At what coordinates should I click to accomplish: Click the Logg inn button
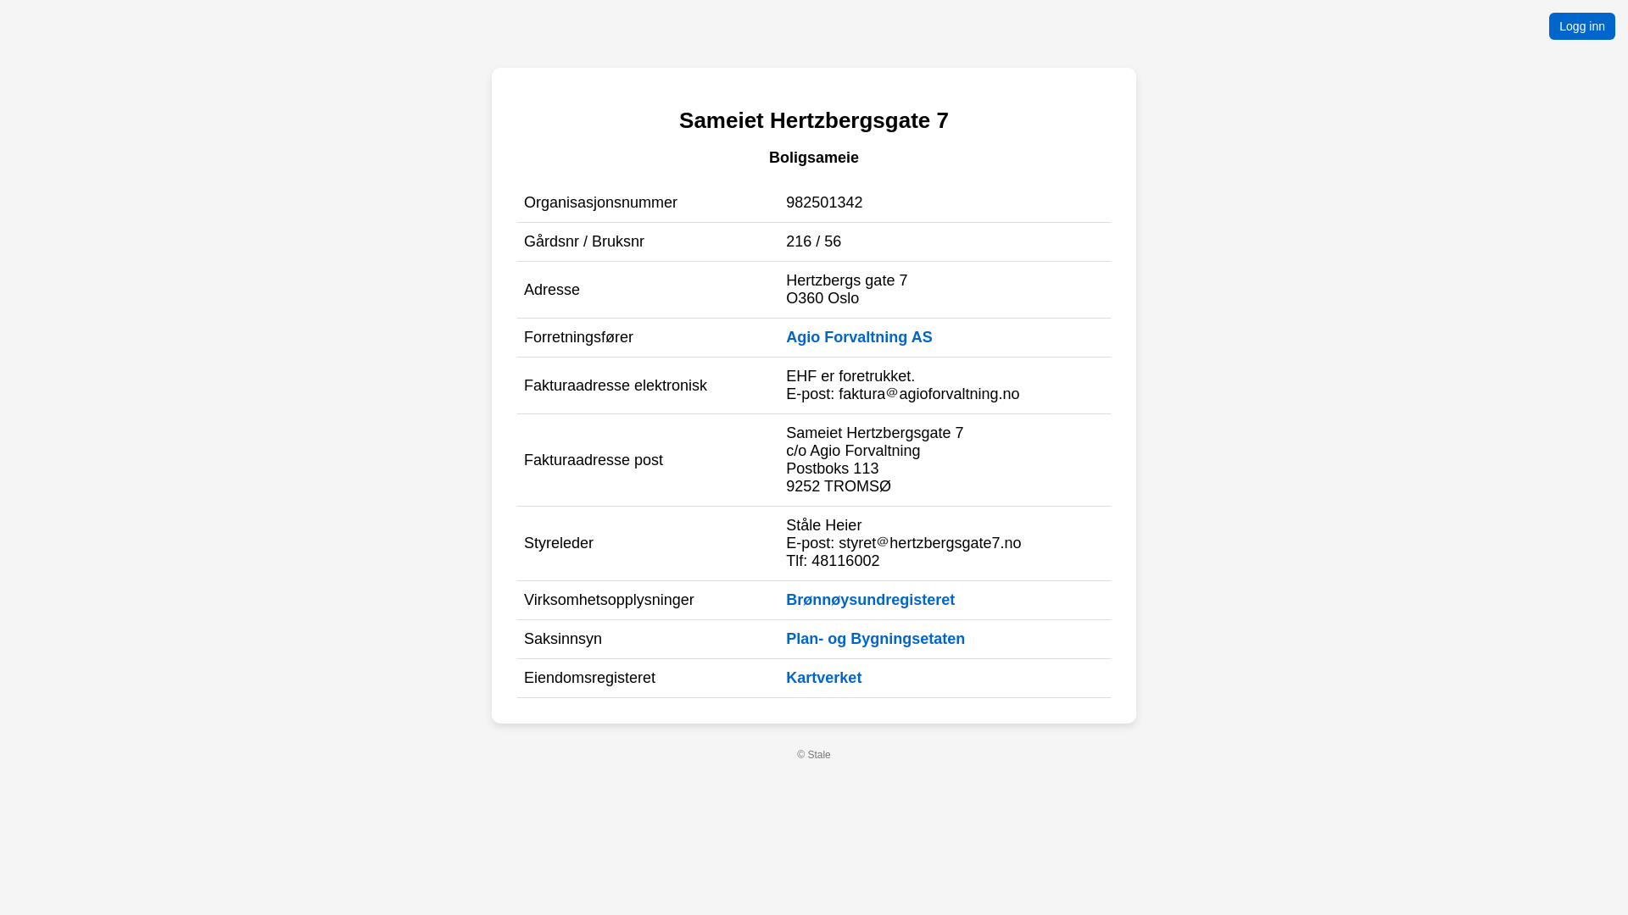(x=1581, y=26)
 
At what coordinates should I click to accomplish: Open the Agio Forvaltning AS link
(x=858, y=337)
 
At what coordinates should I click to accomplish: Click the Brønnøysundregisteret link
(x=870, y=600)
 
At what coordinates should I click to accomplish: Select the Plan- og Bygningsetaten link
(x=875, y=639)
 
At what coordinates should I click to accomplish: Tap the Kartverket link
(x=823, y=678)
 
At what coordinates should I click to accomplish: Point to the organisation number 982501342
(x=824, y=202)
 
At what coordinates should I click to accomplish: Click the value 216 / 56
(x=813, y=241)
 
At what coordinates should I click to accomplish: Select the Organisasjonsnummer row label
(x=600, y=202)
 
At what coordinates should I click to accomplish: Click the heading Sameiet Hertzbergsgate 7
(x=813, y=120)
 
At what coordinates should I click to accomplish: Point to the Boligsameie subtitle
(x=813, y=158)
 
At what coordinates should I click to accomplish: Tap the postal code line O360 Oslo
(x=822, y=298)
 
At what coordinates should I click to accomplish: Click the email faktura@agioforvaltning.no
(x=928, y=394)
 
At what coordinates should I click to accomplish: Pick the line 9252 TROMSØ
(x=838, y=486)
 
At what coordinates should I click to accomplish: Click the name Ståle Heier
(x=823, y=525)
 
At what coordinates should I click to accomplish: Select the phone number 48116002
(x=845, y=561)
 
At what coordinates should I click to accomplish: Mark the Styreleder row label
(x=559, y=543)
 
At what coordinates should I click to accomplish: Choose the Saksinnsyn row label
(x=563, y=639)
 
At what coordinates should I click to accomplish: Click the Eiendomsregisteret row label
(x=589, y=678)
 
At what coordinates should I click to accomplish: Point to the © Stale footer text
(x=813, y=755)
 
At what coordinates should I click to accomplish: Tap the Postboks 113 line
(x=832, y=469)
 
